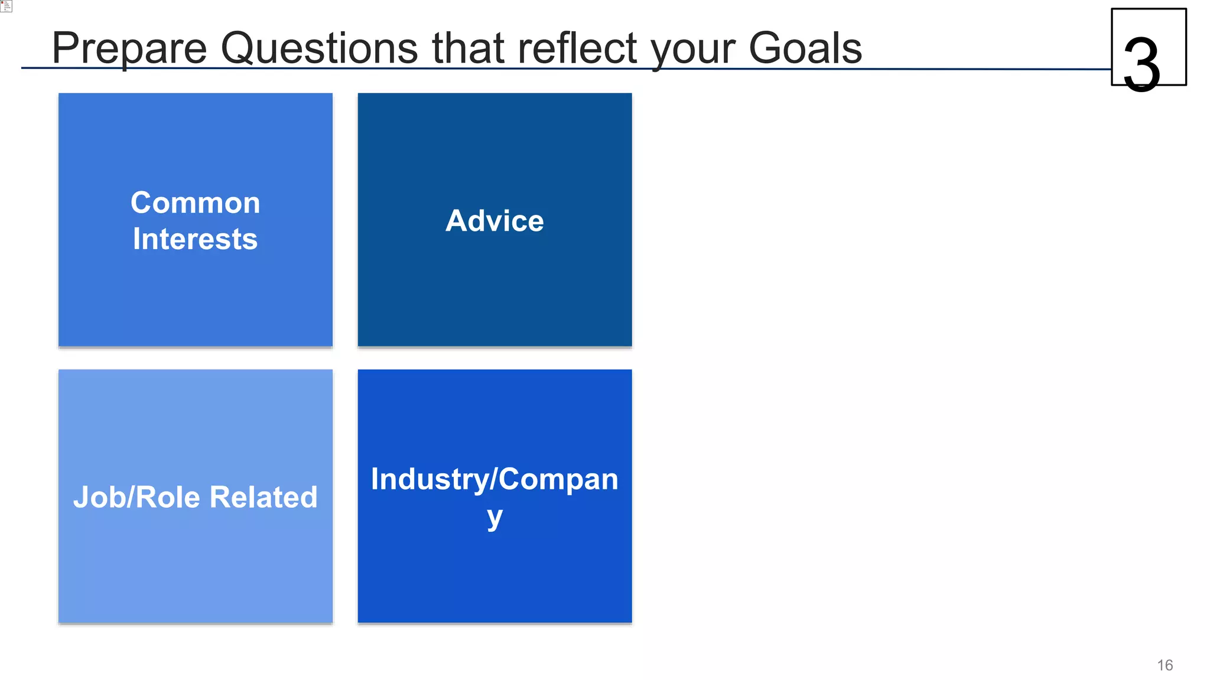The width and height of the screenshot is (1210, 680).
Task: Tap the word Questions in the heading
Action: [x=319, y=48]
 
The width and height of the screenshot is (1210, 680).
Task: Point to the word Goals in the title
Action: [x=805, y=48]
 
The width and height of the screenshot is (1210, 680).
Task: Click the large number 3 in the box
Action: [x=1141, y=64]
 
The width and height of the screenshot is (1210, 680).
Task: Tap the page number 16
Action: [x=1165, y=665]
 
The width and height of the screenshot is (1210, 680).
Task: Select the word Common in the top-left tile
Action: [x=195, y=203]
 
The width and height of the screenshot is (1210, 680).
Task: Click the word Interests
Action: [x=195, y=239]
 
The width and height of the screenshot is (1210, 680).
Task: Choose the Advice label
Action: [x=495, y=221]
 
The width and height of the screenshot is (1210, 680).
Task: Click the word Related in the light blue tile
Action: [x=264, y=497]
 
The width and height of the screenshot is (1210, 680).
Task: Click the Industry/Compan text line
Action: [x=495, y=479]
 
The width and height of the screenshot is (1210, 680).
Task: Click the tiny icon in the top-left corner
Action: [x=6, y=6]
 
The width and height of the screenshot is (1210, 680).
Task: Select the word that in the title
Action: [x=467, y=48]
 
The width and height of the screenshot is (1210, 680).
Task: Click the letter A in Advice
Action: [x=457, y=221]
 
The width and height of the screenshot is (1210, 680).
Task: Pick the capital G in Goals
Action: [x=764, y=48]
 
